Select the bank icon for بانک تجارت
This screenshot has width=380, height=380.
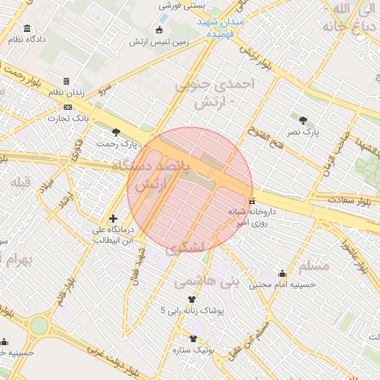(x=68, y=107)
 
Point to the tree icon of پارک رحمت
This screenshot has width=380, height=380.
(x=115, y=131)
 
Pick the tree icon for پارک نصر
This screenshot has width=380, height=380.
(x=302, y=119)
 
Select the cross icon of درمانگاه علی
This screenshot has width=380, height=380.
(x=112, y=218)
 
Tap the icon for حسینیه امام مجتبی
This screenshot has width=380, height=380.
(x=281, y=273)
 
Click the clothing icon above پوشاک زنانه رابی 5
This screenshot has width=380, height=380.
(x=191, y=298)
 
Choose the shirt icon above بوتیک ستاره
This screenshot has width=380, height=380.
(x=193, y=338)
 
